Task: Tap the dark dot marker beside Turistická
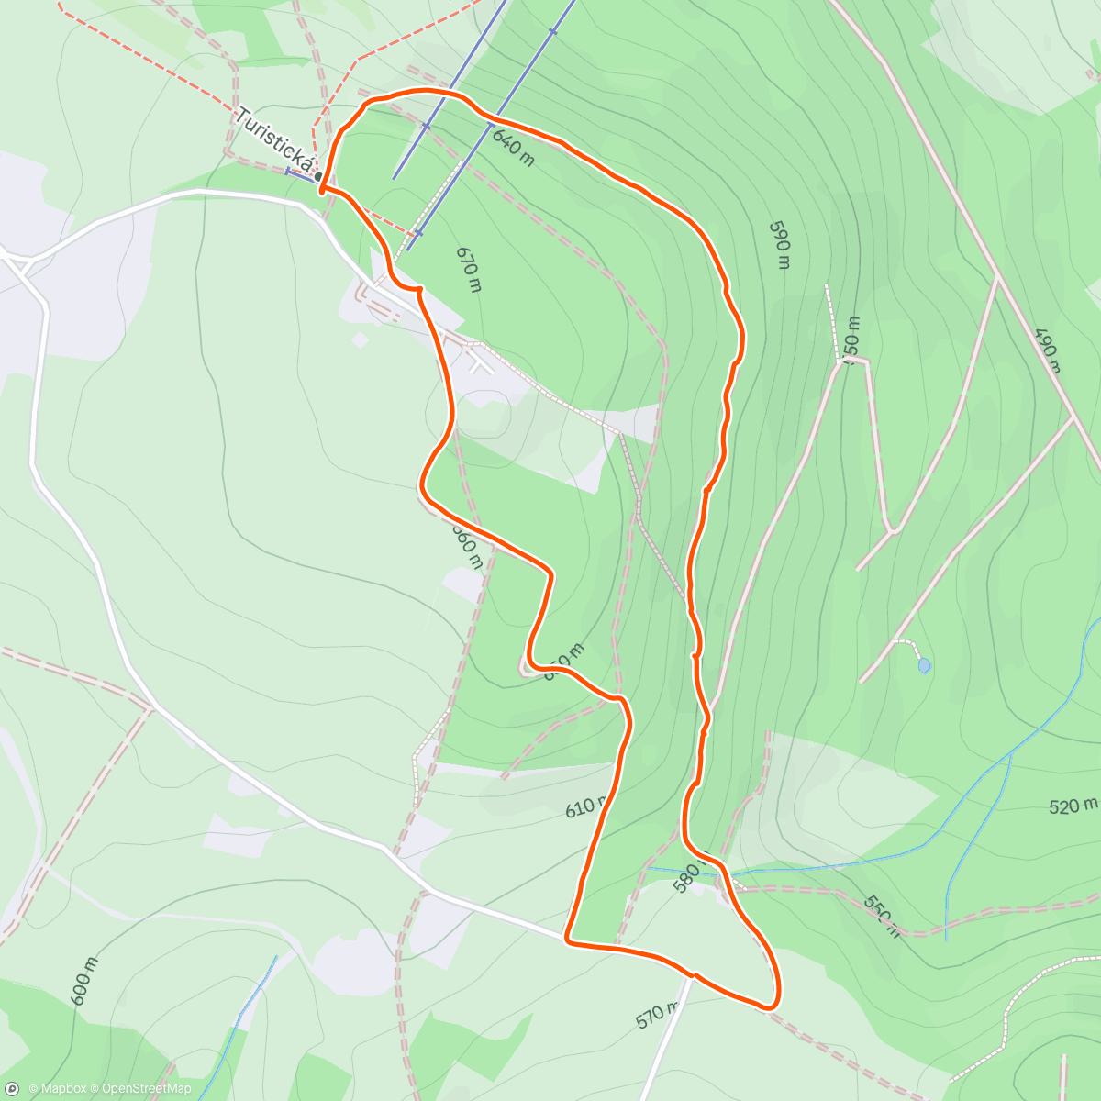[318, 177]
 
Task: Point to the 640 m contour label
[513, 148]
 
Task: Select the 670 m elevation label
[468, 269]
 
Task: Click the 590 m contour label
[779, 244]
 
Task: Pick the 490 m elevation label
[1046, 350]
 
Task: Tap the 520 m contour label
[1073, 806]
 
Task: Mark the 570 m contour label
[657, 1015]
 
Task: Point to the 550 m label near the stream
[881, 915]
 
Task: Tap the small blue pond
[924, 665]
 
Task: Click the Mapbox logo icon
[13, 1088]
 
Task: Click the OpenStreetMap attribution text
[146, 1089]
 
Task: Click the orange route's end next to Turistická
[322, 188]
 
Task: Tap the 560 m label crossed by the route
[467, 545]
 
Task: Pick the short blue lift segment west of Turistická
[299, 172]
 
